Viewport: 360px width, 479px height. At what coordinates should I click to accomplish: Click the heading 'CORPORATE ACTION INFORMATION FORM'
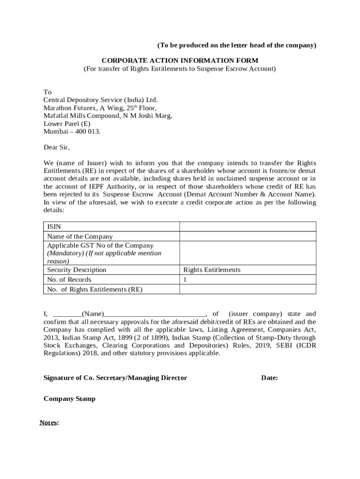pos(180,61)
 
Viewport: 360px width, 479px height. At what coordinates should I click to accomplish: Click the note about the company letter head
pos(237,45)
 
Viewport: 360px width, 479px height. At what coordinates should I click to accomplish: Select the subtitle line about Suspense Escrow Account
pos(180,69)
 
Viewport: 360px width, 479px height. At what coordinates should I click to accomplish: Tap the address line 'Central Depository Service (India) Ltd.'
pos(101,100)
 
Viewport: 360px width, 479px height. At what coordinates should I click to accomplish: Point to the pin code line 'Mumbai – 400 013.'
pos(72,132)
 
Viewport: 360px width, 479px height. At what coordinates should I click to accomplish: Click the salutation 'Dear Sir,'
pos(57,148)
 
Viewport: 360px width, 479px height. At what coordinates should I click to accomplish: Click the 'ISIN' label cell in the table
pos(54,227)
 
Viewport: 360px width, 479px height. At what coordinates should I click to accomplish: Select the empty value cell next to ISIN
pos(248,227)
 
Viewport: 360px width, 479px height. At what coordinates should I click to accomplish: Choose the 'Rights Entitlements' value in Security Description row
pos(212,270)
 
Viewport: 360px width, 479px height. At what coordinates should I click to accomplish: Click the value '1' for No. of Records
pos(185,280)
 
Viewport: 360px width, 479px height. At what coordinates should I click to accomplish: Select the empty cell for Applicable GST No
pos(248,253)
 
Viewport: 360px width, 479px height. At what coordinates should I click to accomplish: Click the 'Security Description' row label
pos(77,270)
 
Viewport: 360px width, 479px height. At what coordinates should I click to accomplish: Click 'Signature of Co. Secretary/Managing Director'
pos(115,378)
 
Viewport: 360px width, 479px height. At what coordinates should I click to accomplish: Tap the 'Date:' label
pos(269,378)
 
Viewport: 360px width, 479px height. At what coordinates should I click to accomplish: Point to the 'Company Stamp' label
pos(69,399)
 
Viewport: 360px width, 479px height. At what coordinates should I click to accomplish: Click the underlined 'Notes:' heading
pos(49,423)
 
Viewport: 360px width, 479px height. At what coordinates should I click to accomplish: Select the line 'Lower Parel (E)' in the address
pos(67,124)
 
